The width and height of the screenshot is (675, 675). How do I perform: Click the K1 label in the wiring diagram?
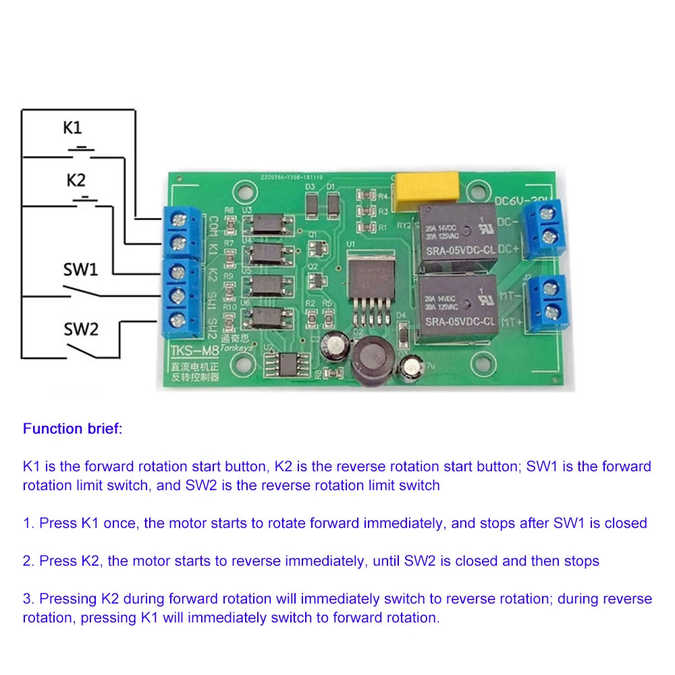73,127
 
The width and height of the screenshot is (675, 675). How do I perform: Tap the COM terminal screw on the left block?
178,219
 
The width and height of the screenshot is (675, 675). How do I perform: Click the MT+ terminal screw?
552,311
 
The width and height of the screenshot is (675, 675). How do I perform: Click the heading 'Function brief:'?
73,429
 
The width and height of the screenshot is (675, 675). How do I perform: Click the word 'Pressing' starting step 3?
69,599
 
